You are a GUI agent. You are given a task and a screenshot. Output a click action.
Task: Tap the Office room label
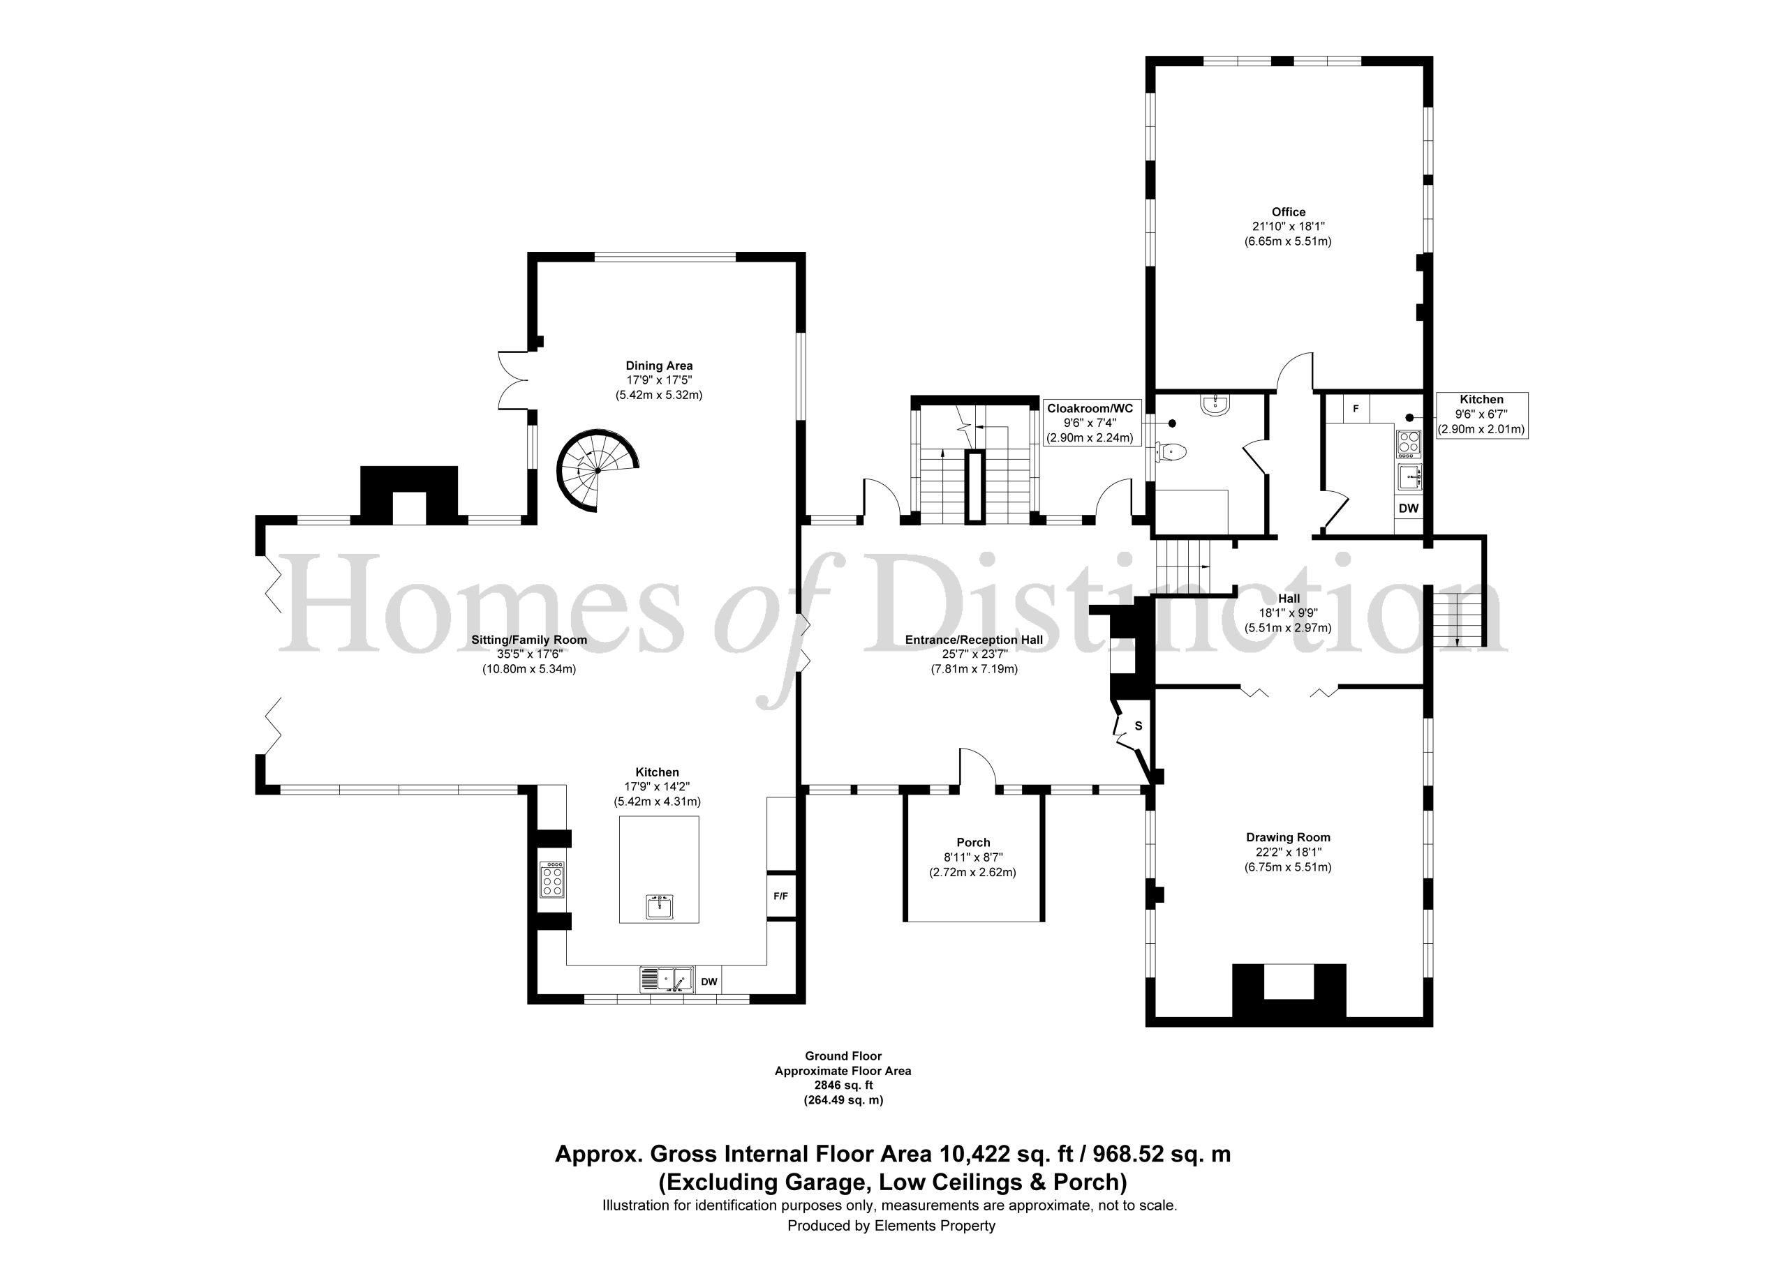click(x=1288, y=211)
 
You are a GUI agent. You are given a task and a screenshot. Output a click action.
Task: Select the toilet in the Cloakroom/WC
click(x=1171, y=451)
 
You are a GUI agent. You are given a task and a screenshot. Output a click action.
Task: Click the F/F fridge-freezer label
click(x=780, y=896)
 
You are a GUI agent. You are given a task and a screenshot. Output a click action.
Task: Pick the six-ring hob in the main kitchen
click(x=552, y=879)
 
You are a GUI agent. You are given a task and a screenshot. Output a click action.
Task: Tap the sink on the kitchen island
click(x=659, y=906)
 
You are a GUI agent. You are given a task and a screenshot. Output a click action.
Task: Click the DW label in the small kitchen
click(x=1409, y=508)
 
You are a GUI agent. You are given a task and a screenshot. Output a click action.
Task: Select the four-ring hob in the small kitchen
click(x=1409, y=442)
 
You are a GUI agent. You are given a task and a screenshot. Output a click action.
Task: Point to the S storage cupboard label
click(x=1139, y=726)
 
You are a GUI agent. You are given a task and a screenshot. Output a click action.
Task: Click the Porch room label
click(x=973, y=843)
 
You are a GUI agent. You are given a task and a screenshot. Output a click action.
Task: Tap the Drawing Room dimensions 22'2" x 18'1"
click(x=1288, y=852)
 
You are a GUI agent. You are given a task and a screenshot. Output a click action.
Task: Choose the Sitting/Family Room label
click(x=529, y=640)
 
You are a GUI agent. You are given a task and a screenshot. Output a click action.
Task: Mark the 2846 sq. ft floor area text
click(x=844, y=1086)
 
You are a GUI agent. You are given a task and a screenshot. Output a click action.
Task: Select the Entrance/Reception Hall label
click(x=974, y=640)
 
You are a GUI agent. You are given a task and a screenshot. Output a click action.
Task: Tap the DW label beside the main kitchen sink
click(x=709, y=982)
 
